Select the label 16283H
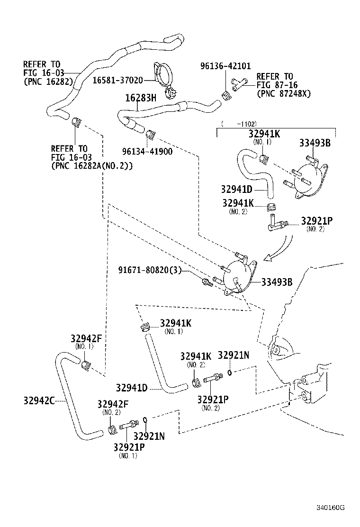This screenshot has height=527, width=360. pos(140,99)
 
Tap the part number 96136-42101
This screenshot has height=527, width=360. pos(225,66)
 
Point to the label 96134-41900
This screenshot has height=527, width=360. pos(140,152)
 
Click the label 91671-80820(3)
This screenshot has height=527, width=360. pos(150,270)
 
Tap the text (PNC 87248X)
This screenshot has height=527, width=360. pos(283,93)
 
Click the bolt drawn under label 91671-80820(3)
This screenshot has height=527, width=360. pos(207,282)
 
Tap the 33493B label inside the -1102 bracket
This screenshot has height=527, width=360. pos(315,144)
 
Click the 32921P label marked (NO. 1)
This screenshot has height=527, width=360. pos(129,447)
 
